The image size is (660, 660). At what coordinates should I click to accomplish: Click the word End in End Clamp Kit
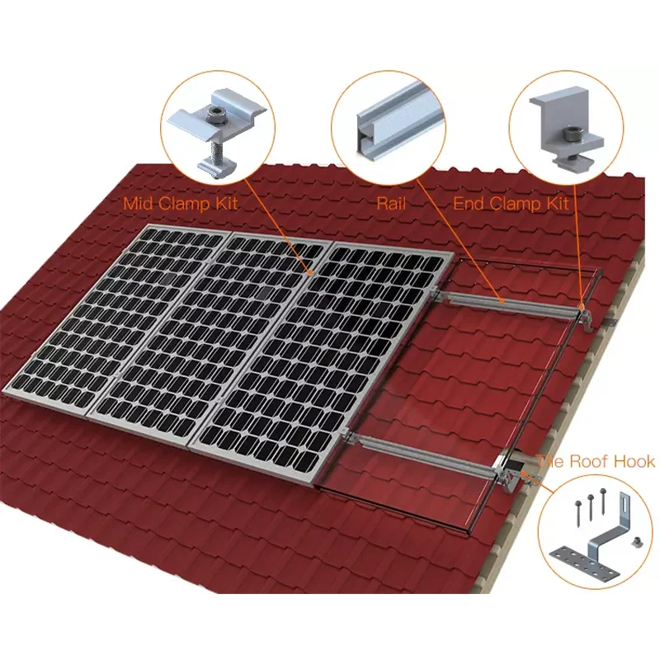click(x=472, y=203)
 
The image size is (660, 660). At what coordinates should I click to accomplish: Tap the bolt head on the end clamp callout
click(x=569, y=131)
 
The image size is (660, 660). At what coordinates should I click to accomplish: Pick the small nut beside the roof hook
click(x=636, y=541)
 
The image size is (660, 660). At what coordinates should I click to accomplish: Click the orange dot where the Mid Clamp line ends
click(x=309, y=270)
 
